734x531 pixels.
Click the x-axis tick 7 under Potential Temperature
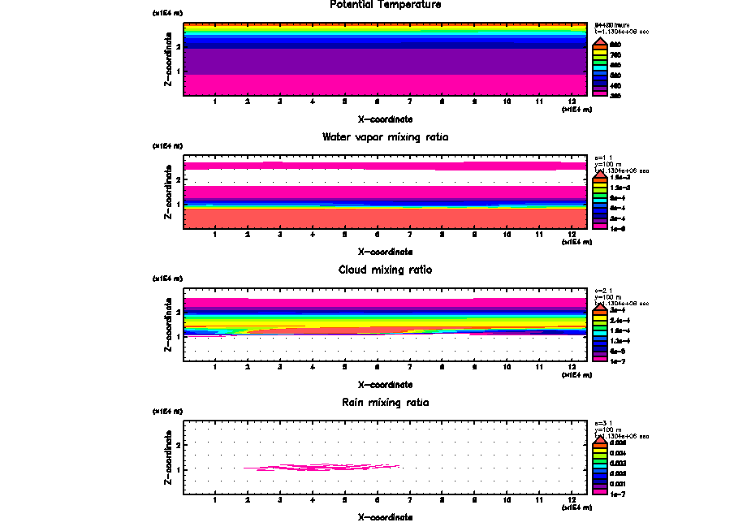(x=409, y=101)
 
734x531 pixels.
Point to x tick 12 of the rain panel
(x=572, y=499)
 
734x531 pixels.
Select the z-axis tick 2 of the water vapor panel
(x=178, y=179)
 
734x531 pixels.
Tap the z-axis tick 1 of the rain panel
(x=178, y=469)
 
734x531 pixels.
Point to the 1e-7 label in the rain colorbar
(x=617, y=493)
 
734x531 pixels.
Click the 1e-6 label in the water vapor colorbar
(x=617, y=228)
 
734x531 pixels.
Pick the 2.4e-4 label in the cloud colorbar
(x=619, y=322)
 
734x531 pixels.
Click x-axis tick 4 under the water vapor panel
(x=313, y=235)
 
